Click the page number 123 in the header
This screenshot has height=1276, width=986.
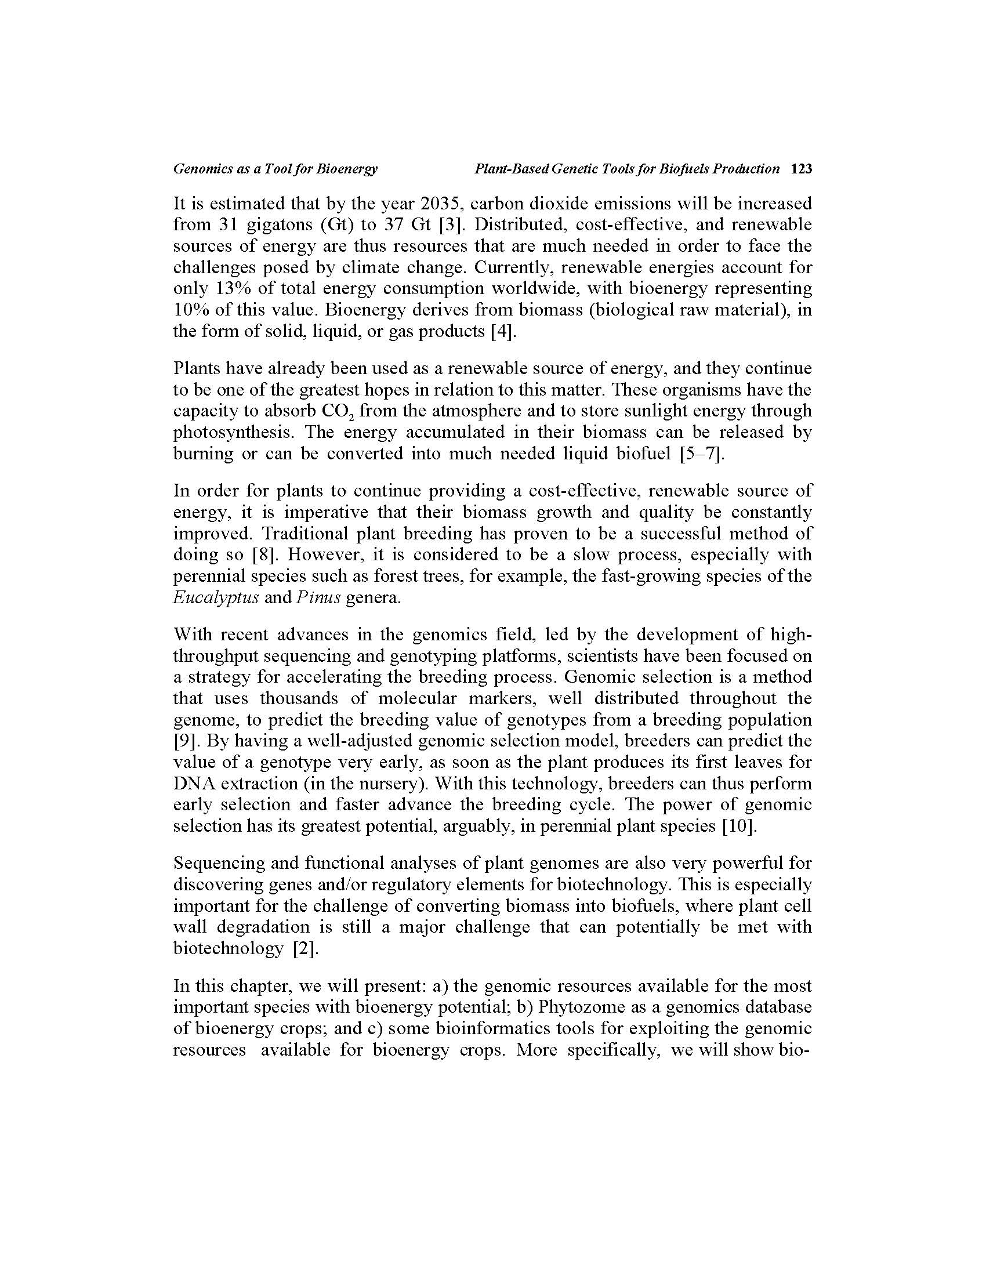click(x=801, y=169)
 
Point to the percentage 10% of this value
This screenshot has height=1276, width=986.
click(x=187, y=310)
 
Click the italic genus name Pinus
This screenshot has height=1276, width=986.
click(x=316, y=597)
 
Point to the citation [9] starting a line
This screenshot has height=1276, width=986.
click(x=187, y=741)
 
